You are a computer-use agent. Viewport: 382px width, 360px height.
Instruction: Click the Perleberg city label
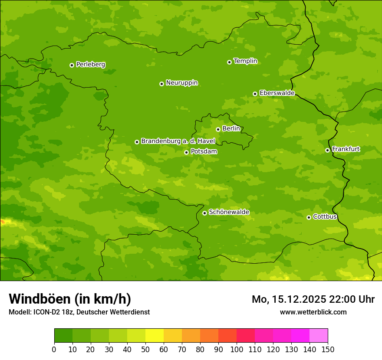(90, 65)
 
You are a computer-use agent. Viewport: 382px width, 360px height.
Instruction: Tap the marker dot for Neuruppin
(161, 84)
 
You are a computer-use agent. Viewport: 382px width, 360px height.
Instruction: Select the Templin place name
(245, 61)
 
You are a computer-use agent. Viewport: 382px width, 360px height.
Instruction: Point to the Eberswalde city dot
(255, 94)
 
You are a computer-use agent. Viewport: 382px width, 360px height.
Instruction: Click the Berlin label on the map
(231, 129)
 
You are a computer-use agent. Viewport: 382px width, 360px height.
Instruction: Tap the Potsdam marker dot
(186, 152)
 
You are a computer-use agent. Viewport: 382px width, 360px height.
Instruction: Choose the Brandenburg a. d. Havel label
(178, 141)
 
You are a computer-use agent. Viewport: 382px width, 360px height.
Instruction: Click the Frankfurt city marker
(327, 150)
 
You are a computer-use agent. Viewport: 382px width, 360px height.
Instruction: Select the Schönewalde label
(229, 212)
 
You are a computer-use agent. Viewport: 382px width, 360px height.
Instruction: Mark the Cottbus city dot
(309, 217)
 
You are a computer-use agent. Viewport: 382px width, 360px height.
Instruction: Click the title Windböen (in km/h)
(70, 299)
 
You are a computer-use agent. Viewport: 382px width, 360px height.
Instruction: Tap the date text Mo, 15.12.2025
(293, 299)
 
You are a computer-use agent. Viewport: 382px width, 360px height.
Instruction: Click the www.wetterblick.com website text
(313, 312)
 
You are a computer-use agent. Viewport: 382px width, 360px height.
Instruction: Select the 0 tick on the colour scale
(54, 349)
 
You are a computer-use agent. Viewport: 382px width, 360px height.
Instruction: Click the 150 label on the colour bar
(328, 349)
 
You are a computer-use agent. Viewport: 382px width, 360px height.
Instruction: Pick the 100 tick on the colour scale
(237, 349)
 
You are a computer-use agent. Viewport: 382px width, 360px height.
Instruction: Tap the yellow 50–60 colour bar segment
(155, 336)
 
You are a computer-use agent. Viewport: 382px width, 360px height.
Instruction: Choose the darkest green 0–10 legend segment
(63, 336)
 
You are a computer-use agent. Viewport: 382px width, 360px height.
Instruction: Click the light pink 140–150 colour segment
(319, 336)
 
